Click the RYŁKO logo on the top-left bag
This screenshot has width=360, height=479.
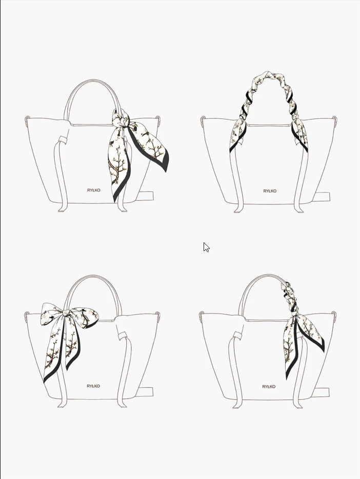[94, 190]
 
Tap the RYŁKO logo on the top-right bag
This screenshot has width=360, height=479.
[270, 191]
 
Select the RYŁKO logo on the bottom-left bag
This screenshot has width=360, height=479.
[93, 386]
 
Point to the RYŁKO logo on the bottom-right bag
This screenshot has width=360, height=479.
[269, 387]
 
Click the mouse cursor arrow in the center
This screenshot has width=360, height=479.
[206, 247]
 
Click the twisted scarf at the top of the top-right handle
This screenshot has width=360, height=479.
[269, 76]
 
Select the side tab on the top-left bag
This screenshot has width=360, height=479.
[146, 196]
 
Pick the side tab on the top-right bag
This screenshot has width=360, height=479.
[322, 197]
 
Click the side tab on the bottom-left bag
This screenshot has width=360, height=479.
[146, 392]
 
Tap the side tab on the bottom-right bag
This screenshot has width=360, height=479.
[322, 392]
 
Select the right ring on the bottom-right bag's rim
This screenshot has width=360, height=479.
[334, 315]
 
